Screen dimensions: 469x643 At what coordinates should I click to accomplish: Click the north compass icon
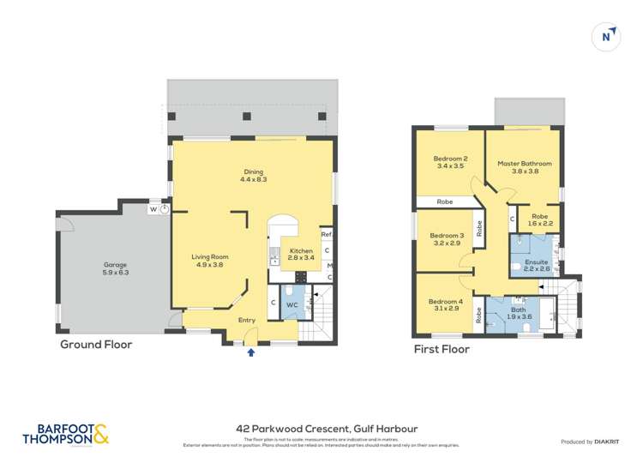point(607,36)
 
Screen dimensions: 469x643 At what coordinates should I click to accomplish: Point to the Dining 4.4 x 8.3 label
point(253,175)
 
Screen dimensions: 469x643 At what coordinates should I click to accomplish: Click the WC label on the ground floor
point(291,304)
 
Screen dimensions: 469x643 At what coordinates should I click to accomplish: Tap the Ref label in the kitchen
point(326,235)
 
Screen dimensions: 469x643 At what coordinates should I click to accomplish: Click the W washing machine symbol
point(153,209)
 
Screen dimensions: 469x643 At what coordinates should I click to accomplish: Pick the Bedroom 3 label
point(447,239)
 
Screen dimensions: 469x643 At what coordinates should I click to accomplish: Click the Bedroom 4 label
point(447,304)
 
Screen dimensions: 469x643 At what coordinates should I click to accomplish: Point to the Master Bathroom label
point(524,166)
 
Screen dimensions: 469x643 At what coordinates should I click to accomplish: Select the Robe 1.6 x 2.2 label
point(539,220)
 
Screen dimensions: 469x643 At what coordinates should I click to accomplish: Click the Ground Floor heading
point(95,345)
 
